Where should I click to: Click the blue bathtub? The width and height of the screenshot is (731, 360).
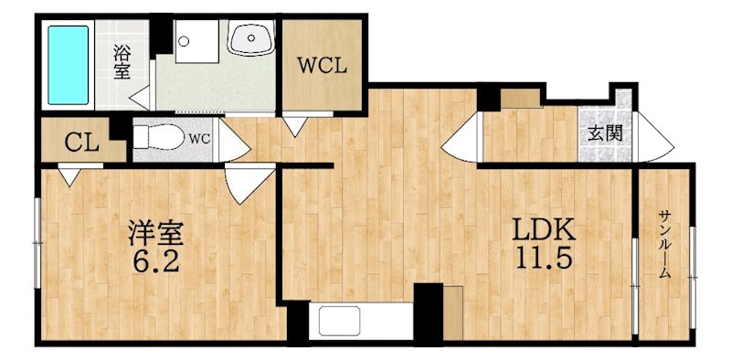tap(68, 65)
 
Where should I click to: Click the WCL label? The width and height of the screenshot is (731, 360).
tap(323, 66)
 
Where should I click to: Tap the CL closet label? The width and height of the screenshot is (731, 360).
tap(81, 143)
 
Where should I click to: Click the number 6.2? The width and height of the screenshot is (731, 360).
tap(156, 262)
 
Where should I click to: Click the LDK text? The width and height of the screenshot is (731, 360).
tap(544, 230)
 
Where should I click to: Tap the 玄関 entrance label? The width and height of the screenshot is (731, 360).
tap(605, 134)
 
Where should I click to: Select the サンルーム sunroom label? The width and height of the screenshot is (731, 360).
tap(664, 244)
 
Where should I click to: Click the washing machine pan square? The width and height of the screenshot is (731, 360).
tap(196, 41)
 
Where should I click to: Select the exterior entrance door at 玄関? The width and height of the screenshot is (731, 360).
tap(655, 137)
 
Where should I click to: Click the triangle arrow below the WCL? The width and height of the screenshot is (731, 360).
tap(295, 126)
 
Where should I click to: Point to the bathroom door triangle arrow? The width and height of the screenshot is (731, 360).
tap(140, 98)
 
